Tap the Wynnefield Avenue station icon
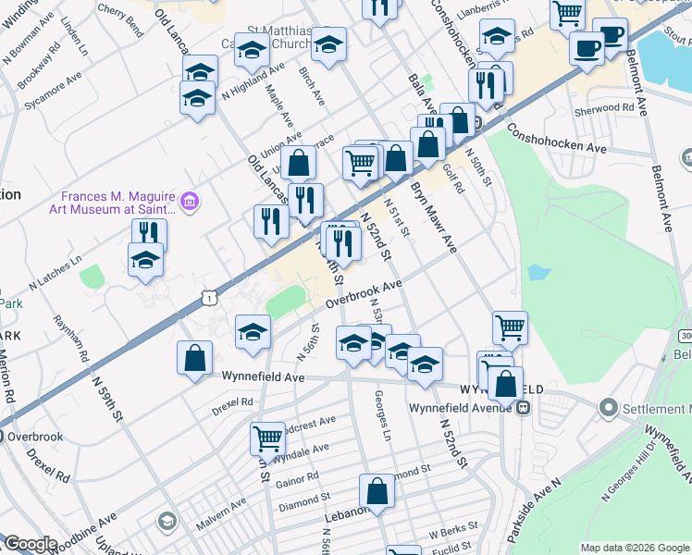(x=524, y=406)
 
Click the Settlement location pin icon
(x=608, y=407)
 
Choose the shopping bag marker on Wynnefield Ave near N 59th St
(x=194, y=359)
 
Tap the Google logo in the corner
(x=31, y=544)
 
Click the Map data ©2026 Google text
(x=635, y=548)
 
